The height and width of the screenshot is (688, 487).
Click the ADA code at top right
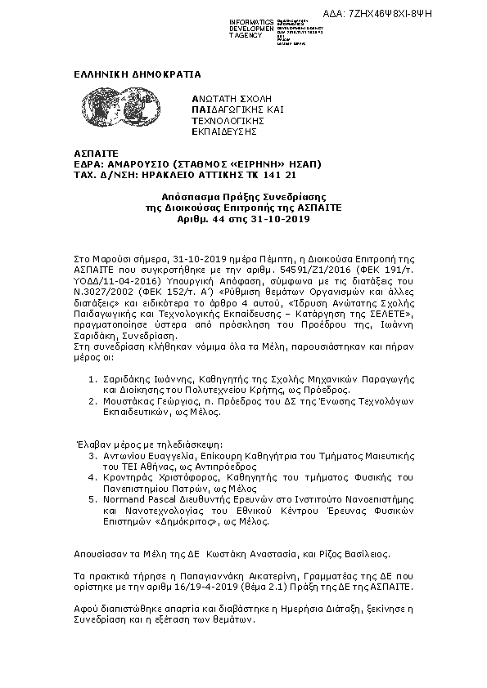pos(413,13)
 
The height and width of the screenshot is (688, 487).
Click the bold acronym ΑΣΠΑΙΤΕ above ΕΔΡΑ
pos(80,153)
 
